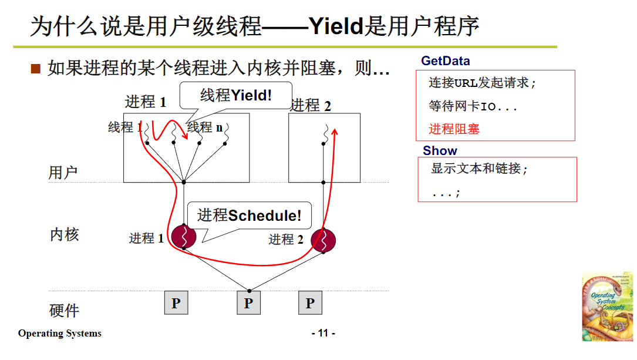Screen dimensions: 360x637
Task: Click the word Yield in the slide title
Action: (335, 26)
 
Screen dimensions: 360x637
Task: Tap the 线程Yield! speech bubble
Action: (236, 95)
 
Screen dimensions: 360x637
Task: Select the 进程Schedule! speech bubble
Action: (249, 216)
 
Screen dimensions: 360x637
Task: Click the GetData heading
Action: (445, 61)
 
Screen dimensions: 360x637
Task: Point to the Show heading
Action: (440, 150)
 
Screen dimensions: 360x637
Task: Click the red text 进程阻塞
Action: (454, 129)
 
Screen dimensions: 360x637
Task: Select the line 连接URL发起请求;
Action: (483, 83)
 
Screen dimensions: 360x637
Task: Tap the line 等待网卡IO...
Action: (473, 106)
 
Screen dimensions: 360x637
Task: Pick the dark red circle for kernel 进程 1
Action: (184, 237)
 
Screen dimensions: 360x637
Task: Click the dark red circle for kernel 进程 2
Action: (323, 240)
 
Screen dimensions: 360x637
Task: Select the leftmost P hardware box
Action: (176, 303)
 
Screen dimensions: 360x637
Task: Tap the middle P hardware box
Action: (248, 303)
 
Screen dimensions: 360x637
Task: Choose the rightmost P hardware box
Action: (310, 303)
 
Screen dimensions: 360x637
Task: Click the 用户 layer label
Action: (63, 173)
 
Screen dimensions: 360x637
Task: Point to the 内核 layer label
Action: (64, 235)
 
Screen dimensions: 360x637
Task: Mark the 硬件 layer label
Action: (64, 310)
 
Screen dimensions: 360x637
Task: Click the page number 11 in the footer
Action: (323, 334)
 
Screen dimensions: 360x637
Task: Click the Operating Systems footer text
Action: (59, 334)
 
